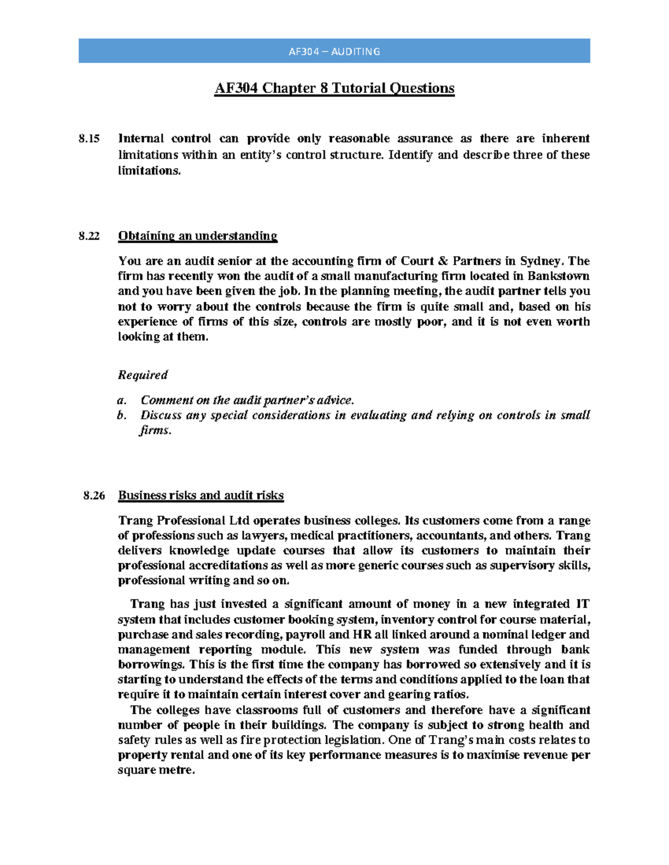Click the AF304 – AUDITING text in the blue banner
[x=334, y=52]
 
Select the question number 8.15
[x=89, y=139]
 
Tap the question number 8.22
[x=89, y=236]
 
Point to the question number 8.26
[x=94, y=496]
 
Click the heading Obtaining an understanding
[x=197, y=236]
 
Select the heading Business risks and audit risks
[x=201, y=496]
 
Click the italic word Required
[x=143, y=375]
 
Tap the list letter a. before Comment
[x=122, y=400]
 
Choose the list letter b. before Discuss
[x=122, y=416]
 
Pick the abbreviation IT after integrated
[x=583, y=604]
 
